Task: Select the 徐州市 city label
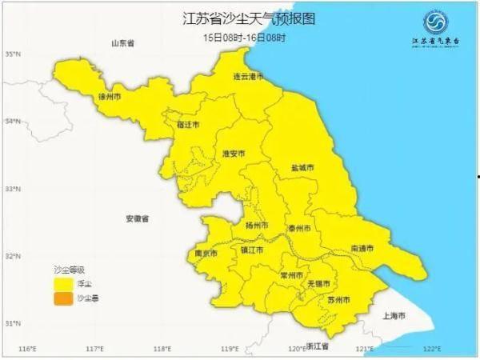click(x=108, y=97)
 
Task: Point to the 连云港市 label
click(x=248, y=77)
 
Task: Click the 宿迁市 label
click(x=188, y=126)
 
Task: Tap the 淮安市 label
click(x=234, y=153)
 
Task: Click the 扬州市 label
click(x=256, y=225)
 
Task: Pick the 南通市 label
click(x=362, y=249)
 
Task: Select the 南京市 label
click(x=206, y=254)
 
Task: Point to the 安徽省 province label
click(x=138, y=218)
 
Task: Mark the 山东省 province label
click(x=123, y=42)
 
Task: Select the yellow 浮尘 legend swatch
click(x=62, y=283)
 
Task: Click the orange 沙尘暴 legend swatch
click(x=62, y=299)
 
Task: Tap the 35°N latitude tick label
click(x=12, y=54)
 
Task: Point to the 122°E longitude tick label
click(x=433, y=349)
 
